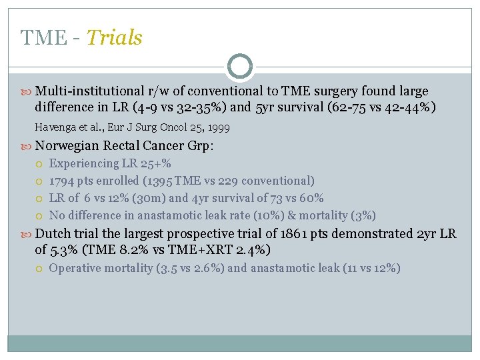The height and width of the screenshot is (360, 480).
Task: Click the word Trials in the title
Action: (114, 38)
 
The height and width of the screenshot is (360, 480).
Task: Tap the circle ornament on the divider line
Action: (239, 67)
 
